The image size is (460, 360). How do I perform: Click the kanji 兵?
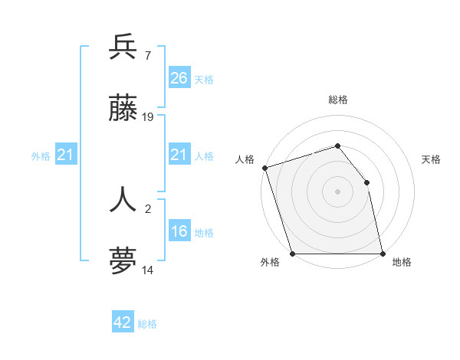(x=123, y=47)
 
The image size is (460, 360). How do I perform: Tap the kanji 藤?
(x=123, y=110)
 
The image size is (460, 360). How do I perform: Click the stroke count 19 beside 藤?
(x=148, y=117)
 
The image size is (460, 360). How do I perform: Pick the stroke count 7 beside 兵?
(x=147, y=55)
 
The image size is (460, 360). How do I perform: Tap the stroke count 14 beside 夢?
(x=148, y=270)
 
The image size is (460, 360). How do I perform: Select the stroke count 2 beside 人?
(x=147, y=208)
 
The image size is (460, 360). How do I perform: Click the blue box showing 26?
(x=179, y=78)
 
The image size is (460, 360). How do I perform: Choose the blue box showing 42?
(x=123, y=322)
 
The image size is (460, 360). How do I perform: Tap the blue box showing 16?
(x=179, y=231)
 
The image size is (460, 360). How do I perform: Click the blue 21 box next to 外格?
(x=65, y=155)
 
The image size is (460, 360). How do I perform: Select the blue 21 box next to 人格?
(x=179, y=155)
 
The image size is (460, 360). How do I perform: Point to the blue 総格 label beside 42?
(x=147, y=324)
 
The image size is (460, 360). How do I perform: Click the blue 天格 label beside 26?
(x=204, y=79)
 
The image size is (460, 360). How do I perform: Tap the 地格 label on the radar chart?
(x=402, y=262)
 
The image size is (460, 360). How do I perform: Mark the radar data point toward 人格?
(x=264, y=168)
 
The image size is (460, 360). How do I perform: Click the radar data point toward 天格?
(x=366, y=182)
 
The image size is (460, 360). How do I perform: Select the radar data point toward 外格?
(x=293, y=254)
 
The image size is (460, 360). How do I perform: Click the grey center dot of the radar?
(x=337, y=191)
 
